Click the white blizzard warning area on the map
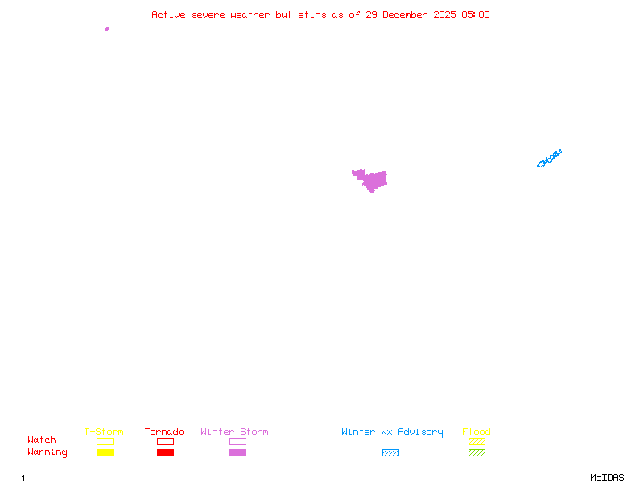(x=353, y=189)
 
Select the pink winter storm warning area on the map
(x=374, y=180)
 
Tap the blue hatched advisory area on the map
(x=549, y=158)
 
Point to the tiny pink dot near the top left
(x=106, y=29)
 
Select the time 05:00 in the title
(x=476, y=14)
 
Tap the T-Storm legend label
(x=104, y=431)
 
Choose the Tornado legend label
(x=164, y=431)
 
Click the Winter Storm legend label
(x=234, y=431)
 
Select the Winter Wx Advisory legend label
(x=392, y=431)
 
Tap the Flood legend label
(x=477, y=431)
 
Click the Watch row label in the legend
(x=42, y=440)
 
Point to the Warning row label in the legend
(x=47, y=452)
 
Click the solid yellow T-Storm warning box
(x=105, y=452)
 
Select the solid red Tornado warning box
(x=165, y=452)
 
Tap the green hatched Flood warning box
(x=477, y=452)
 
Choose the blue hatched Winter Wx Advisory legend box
(x=390, y=452)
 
